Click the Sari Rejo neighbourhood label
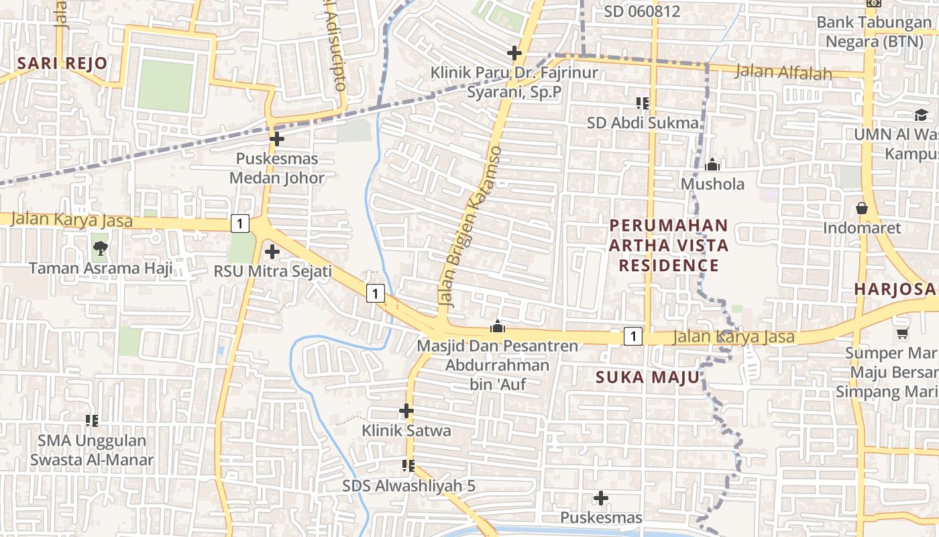coord(62,64)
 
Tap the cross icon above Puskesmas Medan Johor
coord(276,140)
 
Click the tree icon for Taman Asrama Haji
coord(101,248)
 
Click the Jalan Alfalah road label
coord(783,72)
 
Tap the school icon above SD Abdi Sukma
coord(643,103)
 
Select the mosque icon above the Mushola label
coord(712,164)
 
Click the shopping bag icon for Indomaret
coord(862,208)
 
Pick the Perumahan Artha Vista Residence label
coord(668,245)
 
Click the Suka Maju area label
coord(647,377)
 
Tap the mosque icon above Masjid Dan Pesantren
coord(497,327)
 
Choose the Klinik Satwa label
coord(406,430)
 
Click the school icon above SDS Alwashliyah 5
coord(407,465)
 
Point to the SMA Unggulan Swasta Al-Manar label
coord(92,450)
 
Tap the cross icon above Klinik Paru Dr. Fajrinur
coord(514,52)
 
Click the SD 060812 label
coord(642,11)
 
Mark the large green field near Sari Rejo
coord(165,85)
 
